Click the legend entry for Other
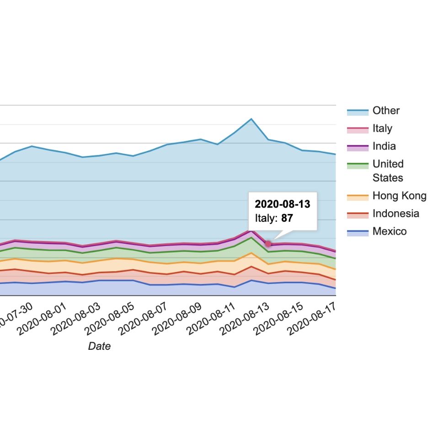tap(385, 111)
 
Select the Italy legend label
tap(382, 128)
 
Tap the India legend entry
tap(384, 146)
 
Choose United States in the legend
tap(388, 171)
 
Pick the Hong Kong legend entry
tap(399, 196)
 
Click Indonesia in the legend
tap(395, 214)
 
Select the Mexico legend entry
tap(389, 231)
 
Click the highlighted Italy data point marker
tap(268, 244)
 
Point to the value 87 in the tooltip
tap(287, 218)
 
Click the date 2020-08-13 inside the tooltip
tap(282, 204)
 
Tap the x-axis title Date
tap(99, 346)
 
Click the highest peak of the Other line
tap(251, 119)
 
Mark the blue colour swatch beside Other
tap(358, 111)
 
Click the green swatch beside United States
tap(358, 164)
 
